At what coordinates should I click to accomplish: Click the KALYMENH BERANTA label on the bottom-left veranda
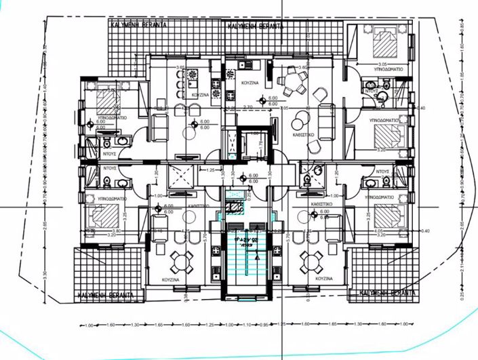109,296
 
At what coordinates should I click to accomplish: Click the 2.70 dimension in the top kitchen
248,107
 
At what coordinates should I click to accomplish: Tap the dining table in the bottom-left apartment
178,260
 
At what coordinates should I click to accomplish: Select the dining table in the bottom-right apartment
312,260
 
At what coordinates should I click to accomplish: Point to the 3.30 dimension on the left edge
45,277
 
